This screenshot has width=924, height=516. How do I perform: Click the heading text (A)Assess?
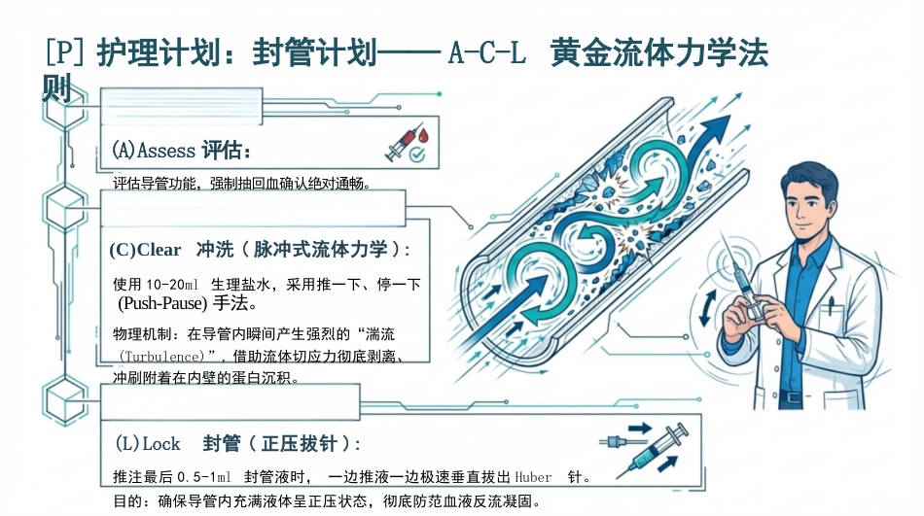[x=154, y=151]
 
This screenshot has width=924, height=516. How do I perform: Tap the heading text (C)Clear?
[x=145, y=250]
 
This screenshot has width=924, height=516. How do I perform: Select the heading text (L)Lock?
[x=147, y=443]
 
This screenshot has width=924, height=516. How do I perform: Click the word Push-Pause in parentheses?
[x=162, y=303]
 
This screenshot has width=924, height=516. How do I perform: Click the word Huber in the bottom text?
[x=533, y=477]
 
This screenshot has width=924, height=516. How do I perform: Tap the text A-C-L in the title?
[x=486, y=53]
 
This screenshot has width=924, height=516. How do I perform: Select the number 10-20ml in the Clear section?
[x=172, y=285]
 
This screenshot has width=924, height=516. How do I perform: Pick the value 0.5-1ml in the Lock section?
[x=204, y=477]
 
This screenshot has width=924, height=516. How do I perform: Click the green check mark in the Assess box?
[x=417, y=155]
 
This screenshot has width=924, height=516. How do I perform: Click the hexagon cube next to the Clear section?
[x=64, y=207]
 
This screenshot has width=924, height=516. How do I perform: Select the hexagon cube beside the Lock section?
[x=65, y=399]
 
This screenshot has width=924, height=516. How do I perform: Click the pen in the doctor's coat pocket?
[x=831, y=304]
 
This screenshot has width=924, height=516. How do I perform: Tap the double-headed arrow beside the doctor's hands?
[x=707, y=308]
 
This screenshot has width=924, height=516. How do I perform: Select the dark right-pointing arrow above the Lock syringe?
[x=640, y=429]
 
